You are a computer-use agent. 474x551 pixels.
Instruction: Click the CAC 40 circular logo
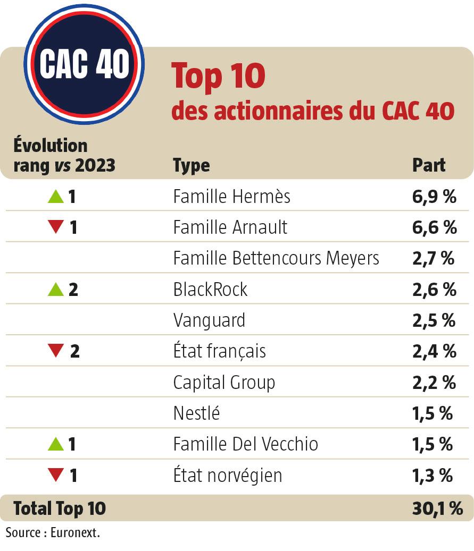point(84,64)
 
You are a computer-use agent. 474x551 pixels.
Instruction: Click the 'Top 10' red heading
point(218,75)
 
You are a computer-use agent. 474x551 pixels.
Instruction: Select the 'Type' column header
point(191,165)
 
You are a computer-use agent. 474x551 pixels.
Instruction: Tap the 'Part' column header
point(429,165)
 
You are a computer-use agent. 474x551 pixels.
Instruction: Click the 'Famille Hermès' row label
point(231,197)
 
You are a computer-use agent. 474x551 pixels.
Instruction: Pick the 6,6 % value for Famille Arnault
point(434,227)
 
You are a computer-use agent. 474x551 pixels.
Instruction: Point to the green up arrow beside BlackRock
point(55,290)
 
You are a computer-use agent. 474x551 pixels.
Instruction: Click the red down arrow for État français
point(55,351)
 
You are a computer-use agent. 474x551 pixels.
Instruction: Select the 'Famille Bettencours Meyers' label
point(276,258)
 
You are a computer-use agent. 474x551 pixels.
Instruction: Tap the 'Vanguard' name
point(209,320)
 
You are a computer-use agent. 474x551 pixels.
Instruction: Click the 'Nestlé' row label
point(196,413)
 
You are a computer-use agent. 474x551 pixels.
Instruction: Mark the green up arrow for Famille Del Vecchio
point(55,444)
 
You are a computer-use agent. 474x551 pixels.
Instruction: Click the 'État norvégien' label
point(227,474)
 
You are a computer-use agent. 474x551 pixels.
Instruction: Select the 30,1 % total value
point(437,508)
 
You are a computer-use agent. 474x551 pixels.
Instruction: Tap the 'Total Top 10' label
point(60,508)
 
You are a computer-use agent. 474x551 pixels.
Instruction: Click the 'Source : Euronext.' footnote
point(53,532)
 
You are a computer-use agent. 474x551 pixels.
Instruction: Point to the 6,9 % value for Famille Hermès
point(434,197)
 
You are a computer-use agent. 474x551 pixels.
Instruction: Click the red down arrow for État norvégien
point(55,474)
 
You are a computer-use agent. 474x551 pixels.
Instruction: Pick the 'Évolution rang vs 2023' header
point(64,155)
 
